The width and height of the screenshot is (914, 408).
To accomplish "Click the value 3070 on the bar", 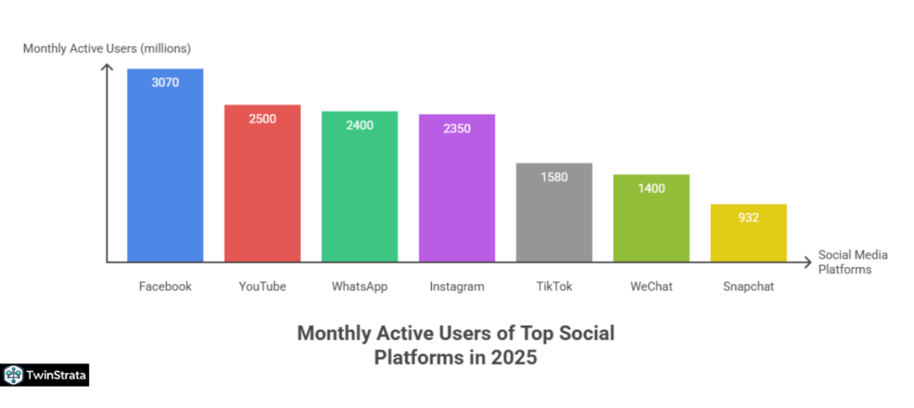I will (165, 82).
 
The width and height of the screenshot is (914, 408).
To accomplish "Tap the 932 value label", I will (748, 218).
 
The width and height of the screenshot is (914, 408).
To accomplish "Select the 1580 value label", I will (554, 177).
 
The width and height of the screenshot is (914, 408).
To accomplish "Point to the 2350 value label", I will (457, 128).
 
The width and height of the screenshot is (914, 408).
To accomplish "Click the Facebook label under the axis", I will (165, 287).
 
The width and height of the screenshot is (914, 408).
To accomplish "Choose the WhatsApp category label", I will (360, 287).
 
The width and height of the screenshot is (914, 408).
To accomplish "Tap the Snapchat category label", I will (748, 287).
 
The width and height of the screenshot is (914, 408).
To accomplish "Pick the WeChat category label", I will (652, 287).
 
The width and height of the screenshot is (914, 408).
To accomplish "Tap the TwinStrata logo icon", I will (13, 376).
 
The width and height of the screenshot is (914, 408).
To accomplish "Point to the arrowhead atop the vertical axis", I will (107, 69).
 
